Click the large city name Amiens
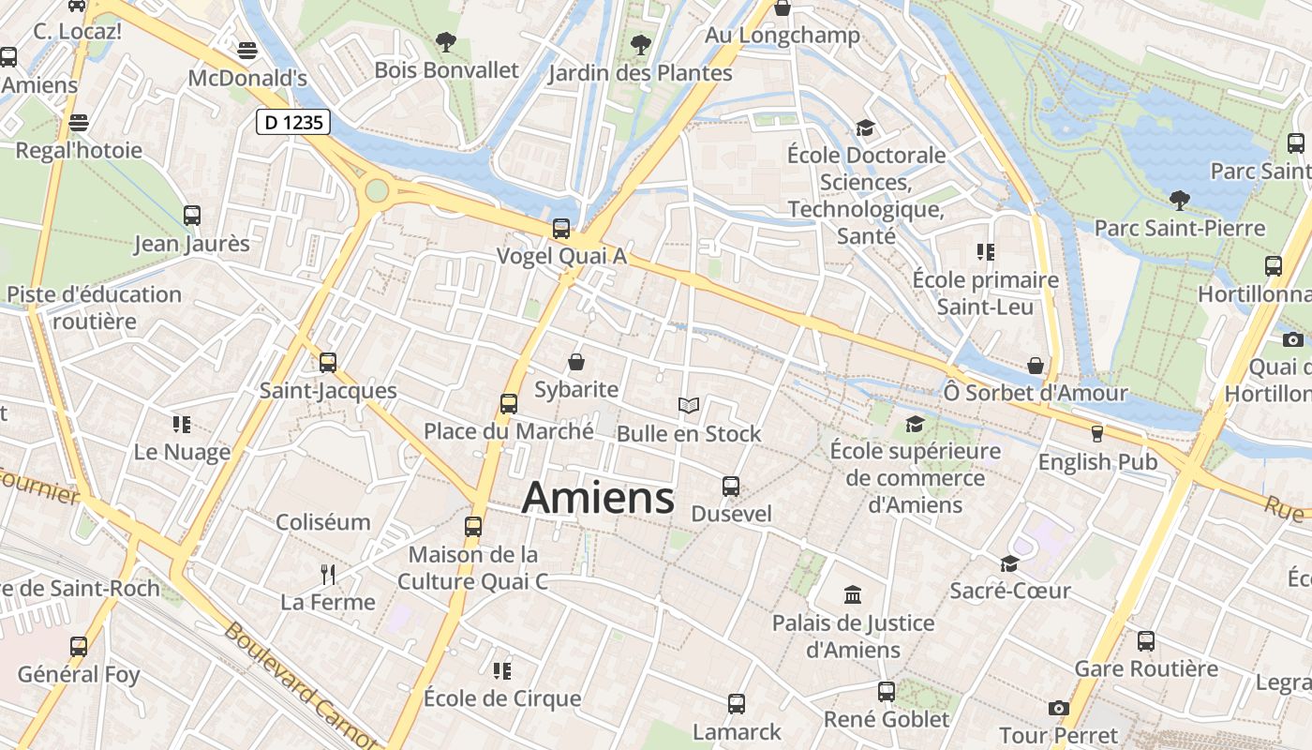[598, 497]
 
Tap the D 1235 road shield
[293, 121]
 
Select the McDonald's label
[247, 77]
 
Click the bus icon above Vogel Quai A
[561, 228]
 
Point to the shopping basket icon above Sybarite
[576, 362]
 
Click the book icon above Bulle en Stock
[689, 406]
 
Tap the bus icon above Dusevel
[731, 487]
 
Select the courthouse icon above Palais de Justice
[853, 594]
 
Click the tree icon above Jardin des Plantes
[641, 44]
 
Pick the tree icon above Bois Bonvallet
[446, 42]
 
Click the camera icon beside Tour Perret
[1059, 708]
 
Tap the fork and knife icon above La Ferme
[328, 574]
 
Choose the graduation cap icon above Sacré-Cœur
[1009, 563]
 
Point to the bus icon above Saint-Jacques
[328, 362]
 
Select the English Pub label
[1097, 462]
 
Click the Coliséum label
[323, 522]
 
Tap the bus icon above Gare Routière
[1146, 641]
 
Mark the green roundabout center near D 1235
[377, 191]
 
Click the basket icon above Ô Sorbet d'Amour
[1036, 366]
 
